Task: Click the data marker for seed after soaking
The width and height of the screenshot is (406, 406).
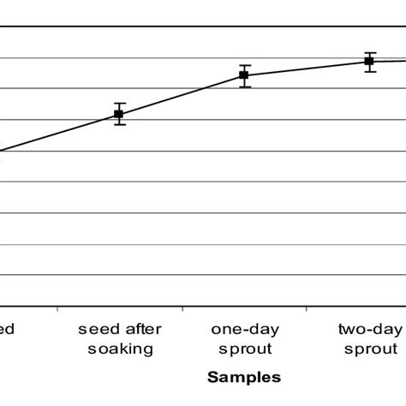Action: tap(119, 114)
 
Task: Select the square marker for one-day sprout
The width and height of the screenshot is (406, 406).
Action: tap(244, 75)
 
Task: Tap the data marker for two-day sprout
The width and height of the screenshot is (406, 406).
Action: tap(369, 61)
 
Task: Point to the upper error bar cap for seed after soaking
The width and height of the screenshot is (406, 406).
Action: tap(119, 103)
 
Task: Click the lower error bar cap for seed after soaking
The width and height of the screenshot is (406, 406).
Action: tap(119, 125)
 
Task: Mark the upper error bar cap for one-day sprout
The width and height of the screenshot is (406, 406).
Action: tap(244, 65)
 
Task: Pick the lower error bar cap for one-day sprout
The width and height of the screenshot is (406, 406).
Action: tap(244, 87)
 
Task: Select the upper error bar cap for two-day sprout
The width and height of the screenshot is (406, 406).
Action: tap(369, 52)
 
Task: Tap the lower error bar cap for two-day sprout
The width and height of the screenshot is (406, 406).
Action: tap(369, 72)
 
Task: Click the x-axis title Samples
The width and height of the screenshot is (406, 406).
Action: tap(244, 376)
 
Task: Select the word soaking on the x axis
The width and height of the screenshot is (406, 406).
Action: tap(119, 349)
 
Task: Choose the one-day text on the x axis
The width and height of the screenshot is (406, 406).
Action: tap(244, 329)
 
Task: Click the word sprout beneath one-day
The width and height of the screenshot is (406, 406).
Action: tap(244, 349)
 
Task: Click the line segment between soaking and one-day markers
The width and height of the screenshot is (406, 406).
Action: tap(182, 94)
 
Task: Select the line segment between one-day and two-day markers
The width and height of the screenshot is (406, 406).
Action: tap(307, 69)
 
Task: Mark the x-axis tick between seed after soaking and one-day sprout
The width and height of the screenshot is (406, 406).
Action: tap(182, 306)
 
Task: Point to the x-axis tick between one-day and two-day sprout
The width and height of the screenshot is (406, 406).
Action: tap(307, 306)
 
